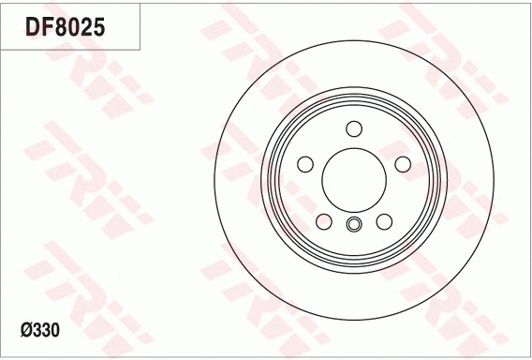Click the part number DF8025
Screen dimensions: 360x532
pos(64,27)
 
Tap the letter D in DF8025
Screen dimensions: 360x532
pos(31,27)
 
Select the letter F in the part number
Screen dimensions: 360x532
pos(46,27)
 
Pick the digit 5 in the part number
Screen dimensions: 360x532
pos(98,27)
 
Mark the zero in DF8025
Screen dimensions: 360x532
pos(72,27)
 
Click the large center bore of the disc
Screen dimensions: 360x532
pos(353,179)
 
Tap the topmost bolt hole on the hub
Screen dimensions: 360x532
pos(353,128)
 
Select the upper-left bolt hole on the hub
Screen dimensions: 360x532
pos(304,164)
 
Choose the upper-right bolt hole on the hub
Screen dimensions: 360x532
pos(403,164)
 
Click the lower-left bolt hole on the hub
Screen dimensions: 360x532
pos(323,221)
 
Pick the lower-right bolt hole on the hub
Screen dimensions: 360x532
pos(384,221)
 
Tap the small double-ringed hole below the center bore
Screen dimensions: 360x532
pos(353,223)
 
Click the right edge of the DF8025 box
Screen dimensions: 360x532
pos(140,26)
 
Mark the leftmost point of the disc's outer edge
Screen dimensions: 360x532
pos(214,179)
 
